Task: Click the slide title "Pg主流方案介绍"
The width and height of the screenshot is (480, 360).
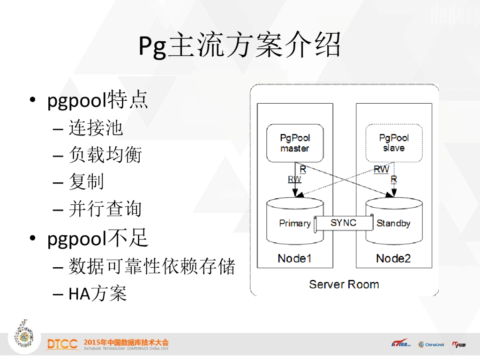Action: pyautogui.click(x=240, y=46)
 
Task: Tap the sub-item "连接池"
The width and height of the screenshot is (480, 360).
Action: pyautogui.click(x=96, y=127)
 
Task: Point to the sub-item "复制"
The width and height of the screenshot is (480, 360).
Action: pyautogui.click(x=86, y=182)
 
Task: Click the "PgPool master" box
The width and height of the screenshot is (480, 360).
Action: pyautogui.click(x=295, y=143)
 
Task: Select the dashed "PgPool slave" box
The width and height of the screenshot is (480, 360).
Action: pyautogui.click(x=394, y=143)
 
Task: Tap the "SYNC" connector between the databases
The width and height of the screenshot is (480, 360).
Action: pyautogui.click(x=344, y=223)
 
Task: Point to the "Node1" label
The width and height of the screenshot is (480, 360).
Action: pyautogui.click(x=294, y=258)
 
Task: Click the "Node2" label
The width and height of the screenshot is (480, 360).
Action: pyautogui.click(x=393, y=258)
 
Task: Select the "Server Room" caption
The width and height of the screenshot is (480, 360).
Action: pyautogui.click(x=344, y=284)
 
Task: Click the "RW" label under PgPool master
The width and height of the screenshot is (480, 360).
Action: pyautogui.click(x=294, y=179)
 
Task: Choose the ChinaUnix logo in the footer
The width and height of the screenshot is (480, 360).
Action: pyautogui.click(x=431, y=345)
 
